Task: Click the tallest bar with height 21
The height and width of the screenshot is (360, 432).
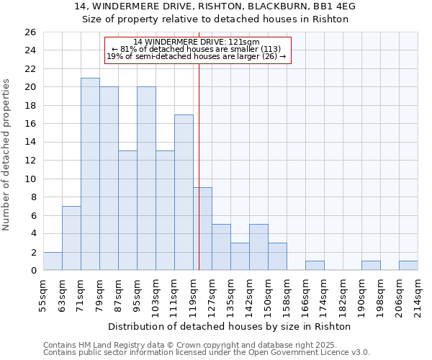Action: point(90,174)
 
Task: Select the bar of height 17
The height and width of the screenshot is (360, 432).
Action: point(184,192)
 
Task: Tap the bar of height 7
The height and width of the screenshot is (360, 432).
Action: point(71,238)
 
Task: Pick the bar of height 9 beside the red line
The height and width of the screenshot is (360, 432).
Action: point(203,229)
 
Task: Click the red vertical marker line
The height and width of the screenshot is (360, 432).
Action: point(199,166)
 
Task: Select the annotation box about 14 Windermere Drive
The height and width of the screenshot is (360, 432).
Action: point(197,50)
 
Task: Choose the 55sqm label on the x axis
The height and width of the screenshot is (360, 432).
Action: point(43,292)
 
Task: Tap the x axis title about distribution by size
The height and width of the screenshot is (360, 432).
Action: point(230,326)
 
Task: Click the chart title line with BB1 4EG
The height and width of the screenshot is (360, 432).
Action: point(215,6)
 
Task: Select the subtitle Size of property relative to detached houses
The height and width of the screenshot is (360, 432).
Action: point(215,19)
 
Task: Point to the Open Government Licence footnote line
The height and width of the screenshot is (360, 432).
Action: point(207,353)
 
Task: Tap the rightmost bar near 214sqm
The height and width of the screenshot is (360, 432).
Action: point(408,266)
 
